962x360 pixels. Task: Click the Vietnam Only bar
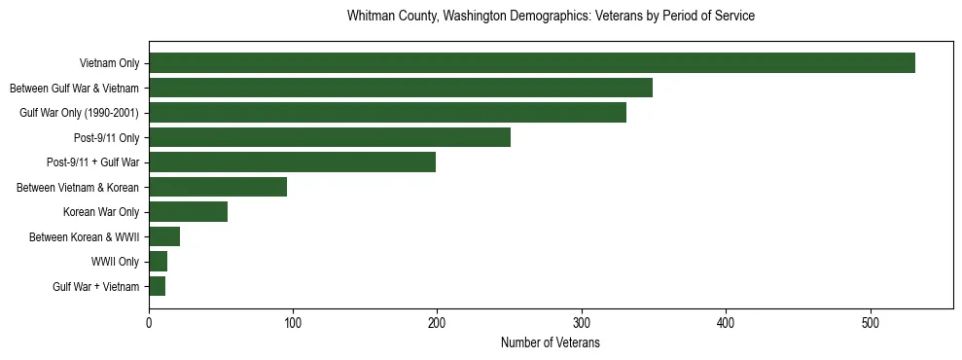(x=531, y=63)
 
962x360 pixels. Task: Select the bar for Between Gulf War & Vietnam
(x=400, y=88)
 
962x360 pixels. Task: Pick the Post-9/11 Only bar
(x=329, y=137)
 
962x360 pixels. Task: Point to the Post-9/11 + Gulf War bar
(x=292, y=162)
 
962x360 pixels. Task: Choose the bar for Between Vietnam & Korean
(x=218, y=187)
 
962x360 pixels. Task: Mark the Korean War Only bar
(x=188, y=212)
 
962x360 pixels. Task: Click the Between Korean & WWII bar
(x=164, y=236)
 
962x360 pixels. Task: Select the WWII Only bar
(x=158, y=262)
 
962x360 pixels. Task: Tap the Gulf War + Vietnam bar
(x=157, y=286)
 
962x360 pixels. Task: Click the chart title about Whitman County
(x=551, y=17)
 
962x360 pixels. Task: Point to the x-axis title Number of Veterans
(x=551, y=342)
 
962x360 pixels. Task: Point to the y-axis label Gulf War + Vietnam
(x=96, y=287)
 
